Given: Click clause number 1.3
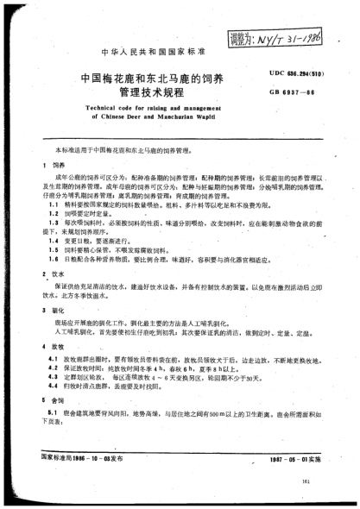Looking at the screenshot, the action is (x=51, y=219).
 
